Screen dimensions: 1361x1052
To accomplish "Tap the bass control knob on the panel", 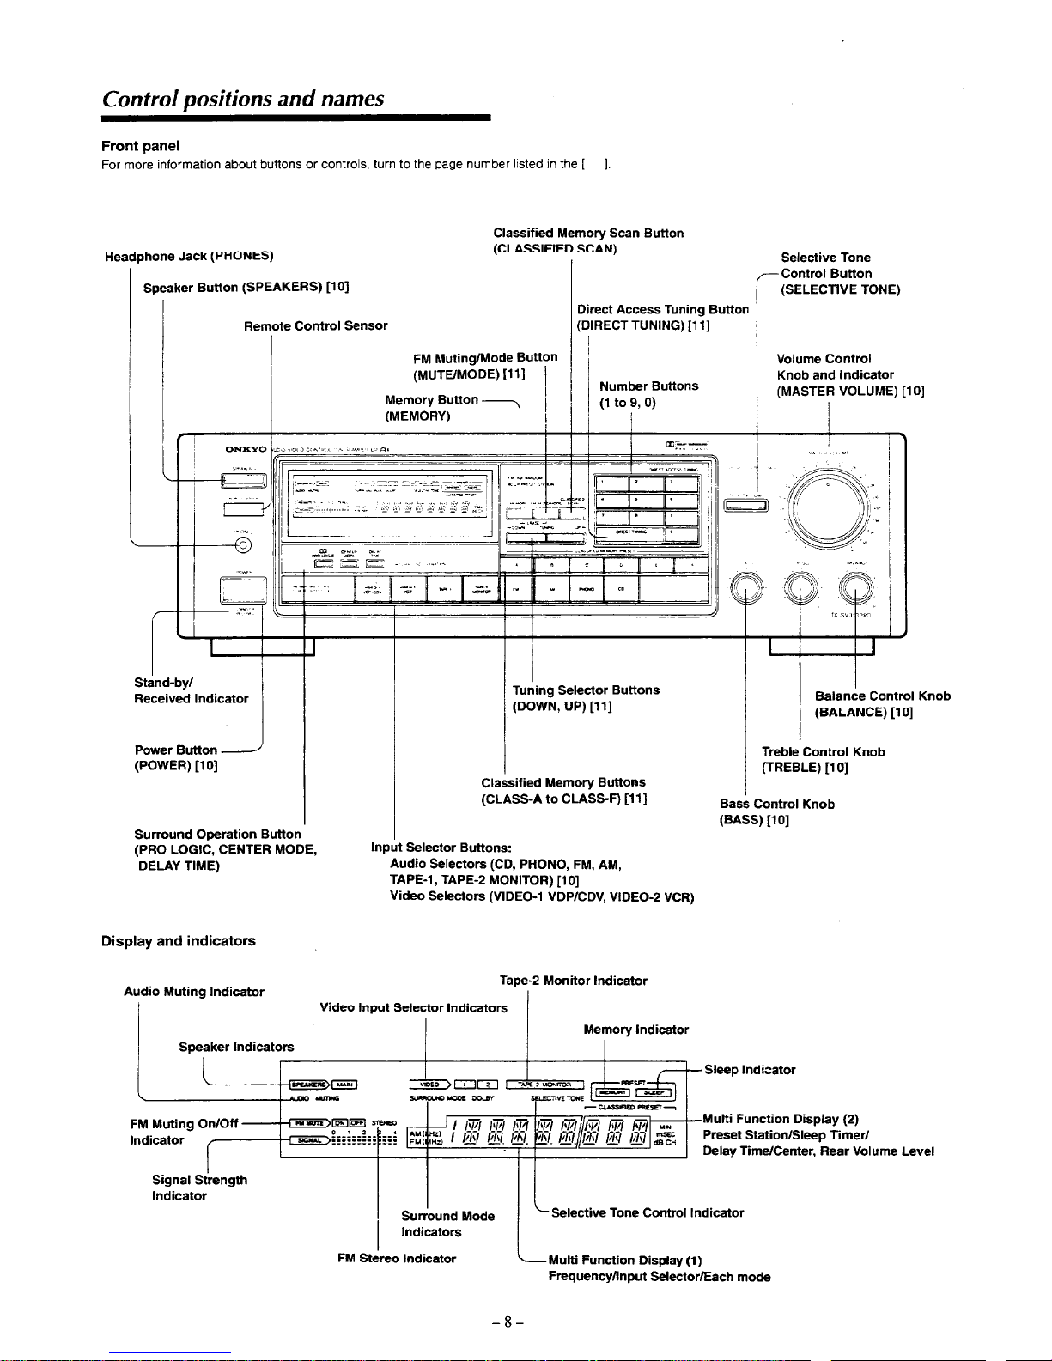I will coord(746,589).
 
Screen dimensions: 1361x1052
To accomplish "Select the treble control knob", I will coord(800,589).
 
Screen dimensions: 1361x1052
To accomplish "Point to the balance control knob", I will coord(855,589).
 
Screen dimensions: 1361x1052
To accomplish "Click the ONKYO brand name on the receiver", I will coord(246,449).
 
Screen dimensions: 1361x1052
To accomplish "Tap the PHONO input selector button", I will coord(587,589).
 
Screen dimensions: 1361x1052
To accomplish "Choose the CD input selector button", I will coord(621,589).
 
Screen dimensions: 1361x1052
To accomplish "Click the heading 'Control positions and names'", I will coord(242,99).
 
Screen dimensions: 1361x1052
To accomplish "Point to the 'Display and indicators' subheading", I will coord(178,941).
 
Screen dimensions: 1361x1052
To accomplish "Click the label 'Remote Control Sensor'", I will coord(315,326).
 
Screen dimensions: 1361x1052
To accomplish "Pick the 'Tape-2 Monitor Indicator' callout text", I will coord(573,981).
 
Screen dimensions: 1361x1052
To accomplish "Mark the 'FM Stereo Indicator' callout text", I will coord(396,1259).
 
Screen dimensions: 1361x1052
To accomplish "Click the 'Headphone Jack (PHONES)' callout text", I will coord(189,257).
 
